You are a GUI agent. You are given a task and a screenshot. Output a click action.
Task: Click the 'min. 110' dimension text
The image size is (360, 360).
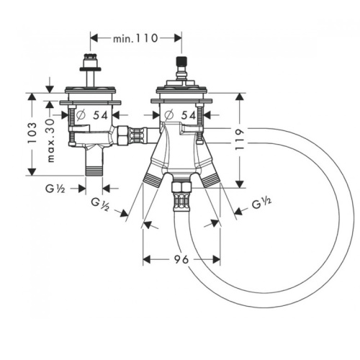pyautogui.click(x=135, y=38)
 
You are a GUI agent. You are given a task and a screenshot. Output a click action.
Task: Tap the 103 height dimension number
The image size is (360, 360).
pyautogui.click(x=32, y=133)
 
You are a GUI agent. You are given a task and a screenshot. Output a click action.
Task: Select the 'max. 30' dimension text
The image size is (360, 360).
pyautogui.click(x=51, y=140)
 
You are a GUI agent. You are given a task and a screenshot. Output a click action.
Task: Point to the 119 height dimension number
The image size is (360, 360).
pyautogui.click(x=240, y=140)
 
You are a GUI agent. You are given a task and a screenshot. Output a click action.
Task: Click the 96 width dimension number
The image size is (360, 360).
pyautogui.click(x=181, y=259)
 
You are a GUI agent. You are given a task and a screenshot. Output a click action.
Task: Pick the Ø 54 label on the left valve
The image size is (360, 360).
pyautogui.click(x=92, y=115)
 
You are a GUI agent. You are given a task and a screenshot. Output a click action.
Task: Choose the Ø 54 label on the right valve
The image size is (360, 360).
pyautogui.click(x=180, y=115)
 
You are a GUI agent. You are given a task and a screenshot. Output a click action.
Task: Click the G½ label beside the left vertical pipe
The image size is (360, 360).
pyautogui.click(x=55, y=189)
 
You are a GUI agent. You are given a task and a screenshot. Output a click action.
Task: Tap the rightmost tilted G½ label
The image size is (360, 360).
pyautogui.click(x=261, y=204)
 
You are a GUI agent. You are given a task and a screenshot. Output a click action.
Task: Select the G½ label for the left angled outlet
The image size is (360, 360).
pyautogui.click(x=100, y=205)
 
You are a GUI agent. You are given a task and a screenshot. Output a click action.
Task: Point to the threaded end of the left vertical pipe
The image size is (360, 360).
pyautogui.click(x=94, y=171)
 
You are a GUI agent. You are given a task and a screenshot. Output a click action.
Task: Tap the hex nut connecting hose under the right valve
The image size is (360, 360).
pyautogui.click(x=181, y=187)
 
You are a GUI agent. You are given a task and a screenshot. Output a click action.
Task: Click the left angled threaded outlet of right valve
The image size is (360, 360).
pyautogui.click(x=152, y=179)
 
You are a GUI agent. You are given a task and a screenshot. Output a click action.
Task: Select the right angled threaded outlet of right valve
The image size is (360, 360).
pyautogui.click(x=210, y=179)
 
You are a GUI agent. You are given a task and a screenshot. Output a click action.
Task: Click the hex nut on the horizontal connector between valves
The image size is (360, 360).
pyautogui.click(x=122, y=136)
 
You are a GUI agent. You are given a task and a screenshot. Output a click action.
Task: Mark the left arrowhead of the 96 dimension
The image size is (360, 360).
pyautogui.click(x=147, y=259)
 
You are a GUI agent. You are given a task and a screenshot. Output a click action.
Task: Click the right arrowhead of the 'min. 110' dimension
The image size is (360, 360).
pyautogui.click(x=178, y=38)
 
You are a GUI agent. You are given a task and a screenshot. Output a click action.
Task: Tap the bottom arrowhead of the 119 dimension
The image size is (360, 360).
pyautogui.click(x=240, y=184)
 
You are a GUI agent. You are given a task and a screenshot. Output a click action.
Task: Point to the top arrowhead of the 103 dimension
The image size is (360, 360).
pyautogui.click(x=32, y=96)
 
